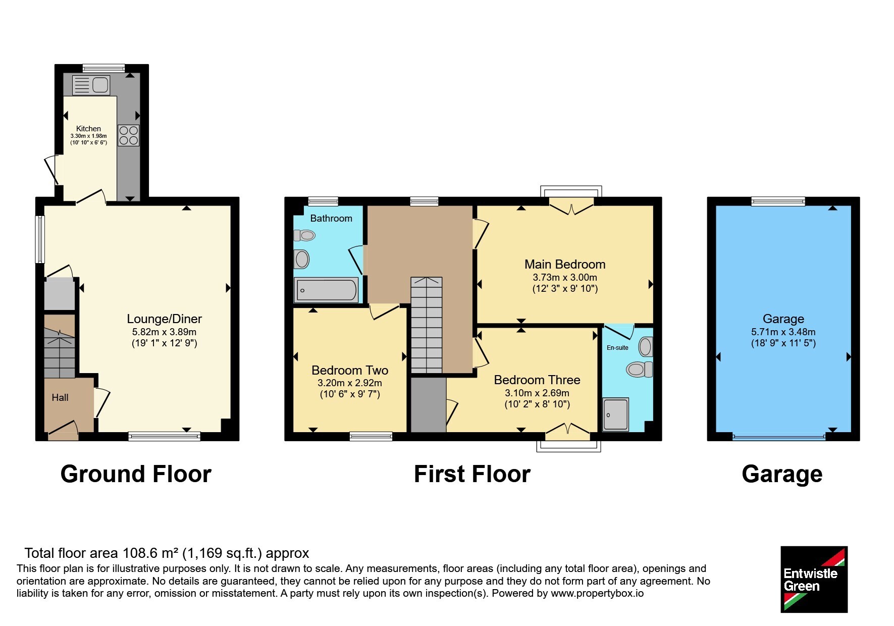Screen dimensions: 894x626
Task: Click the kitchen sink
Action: click(x=91, y=85)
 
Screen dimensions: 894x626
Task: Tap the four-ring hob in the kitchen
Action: click(x=129, y=135)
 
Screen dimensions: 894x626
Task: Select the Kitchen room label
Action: click(x=88, y=129)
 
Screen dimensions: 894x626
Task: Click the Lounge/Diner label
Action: click(x=164, y=319)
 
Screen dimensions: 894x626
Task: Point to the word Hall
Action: click(x=60, y=398)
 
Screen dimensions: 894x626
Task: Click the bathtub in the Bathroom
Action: click(x=326, y=290)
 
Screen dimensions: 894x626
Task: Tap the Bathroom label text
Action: click(x=331, y=219)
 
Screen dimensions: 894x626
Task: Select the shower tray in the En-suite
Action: click(x=616, y=414)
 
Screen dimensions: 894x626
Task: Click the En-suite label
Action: click(x=617, y=348)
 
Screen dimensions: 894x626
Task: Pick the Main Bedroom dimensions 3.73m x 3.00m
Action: click(x=565, y=278)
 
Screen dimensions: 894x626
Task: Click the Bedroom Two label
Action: click(x=350, y=371)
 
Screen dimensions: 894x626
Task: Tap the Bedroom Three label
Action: click(x=537, y=380)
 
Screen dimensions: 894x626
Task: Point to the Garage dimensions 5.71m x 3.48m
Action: click(x=783, y=332)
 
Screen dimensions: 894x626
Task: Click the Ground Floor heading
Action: click(x=136, y=475)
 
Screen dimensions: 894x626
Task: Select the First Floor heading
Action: click(x=472, y=475)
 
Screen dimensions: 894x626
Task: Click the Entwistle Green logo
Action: click(x=814, y=580)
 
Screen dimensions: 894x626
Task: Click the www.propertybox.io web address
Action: click(x=597, y=594)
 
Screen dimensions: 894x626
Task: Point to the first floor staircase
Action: click(x=427, y=325)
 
